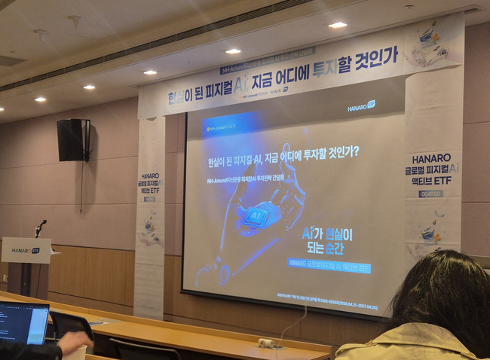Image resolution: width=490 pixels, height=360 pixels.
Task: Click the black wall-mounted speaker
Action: [73, 139]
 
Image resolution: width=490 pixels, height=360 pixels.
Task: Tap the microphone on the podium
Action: [41, 224]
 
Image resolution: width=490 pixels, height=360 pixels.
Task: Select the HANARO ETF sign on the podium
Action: [26, 250]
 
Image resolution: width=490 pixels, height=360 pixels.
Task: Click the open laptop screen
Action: [23, 323]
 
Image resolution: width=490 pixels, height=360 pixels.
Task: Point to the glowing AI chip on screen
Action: [256, 216]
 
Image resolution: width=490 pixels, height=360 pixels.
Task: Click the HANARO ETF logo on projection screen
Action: [361, 106]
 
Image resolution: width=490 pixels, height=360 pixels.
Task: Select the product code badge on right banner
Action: [430, 194]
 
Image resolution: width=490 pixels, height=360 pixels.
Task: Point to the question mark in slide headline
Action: [355, 151]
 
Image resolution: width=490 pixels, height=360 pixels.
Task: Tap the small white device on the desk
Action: [265, 343]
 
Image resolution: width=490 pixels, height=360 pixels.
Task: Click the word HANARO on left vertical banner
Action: [149, 175]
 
